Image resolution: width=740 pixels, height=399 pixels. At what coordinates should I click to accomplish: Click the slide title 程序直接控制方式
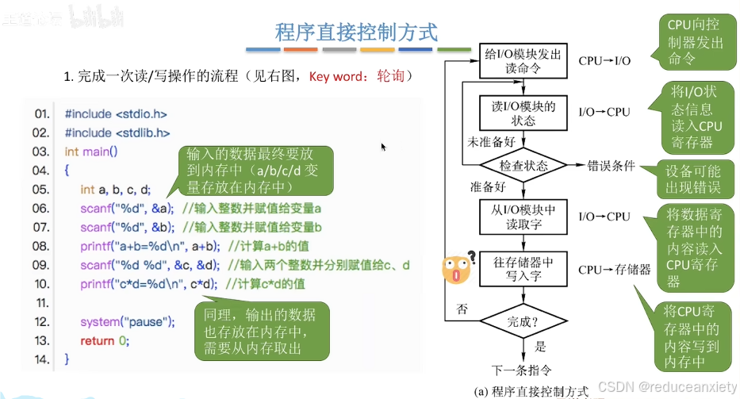(356, 33)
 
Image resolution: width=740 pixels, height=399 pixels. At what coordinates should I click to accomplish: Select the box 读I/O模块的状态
(523, 113)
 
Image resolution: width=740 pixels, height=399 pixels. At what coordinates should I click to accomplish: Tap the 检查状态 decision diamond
(523, 166)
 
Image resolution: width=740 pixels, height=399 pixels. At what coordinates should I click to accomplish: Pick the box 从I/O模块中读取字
(523, 217)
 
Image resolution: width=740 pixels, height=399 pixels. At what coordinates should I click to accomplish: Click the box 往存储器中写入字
(523, 269)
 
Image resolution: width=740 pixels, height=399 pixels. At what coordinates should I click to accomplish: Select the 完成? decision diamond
(523, 321)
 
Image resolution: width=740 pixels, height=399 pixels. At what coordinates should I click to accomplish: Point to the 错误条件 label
(611, 167)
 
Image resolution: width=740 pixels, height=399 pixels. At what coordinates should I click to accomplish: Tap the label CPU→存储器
(615, 270)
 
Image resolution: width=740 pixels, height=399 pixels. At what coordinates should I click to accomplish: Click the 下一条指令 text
(521, 370)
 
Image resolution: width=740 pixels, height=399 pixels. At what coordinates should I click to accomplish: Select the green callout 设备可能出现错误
(695, 180)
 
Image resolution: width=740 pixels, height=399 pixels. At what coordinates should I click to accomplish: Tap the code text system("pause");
(127, 322)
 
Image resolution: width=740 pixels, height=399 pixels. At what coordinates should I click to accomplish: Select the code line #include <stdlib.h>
(117, 132)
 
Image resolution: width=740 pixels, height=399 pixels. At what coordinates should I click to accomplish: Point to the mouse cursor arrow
(384, 147)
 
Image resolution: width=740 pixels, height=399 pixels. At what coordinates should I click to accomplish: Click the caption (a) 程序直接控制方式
(531, 391)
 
